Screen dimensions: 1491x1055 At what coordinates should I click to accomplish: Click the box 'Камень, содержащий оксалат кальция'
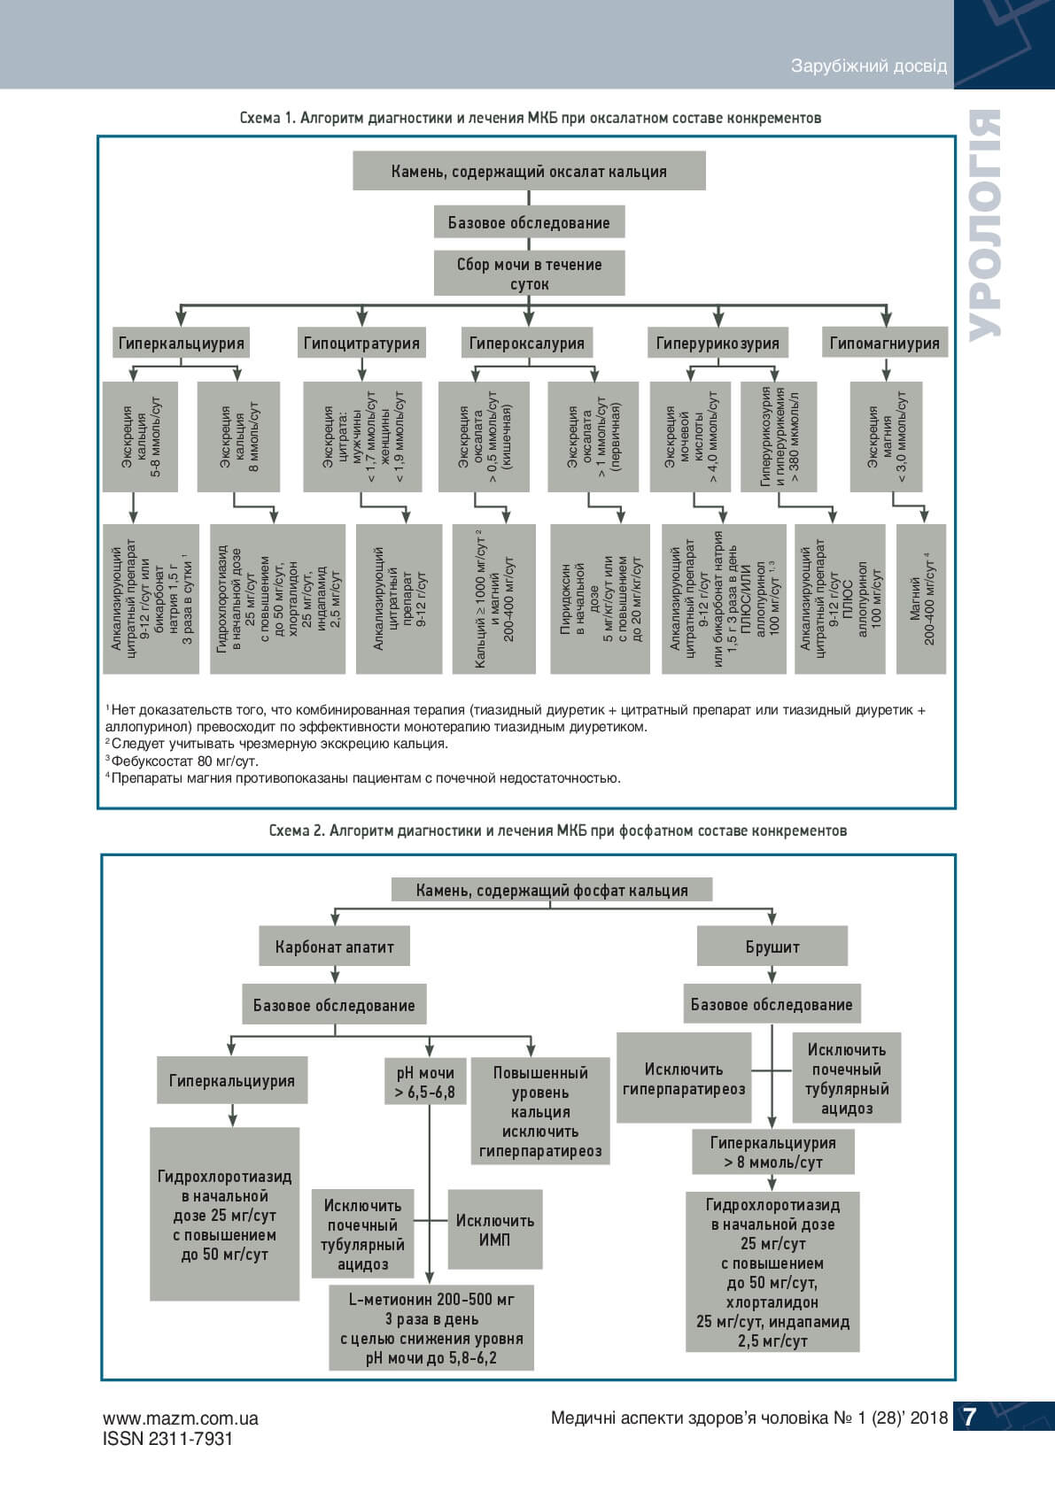529,171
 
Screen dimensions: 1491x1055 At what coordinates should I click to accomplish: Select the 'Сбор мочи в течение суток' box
529,274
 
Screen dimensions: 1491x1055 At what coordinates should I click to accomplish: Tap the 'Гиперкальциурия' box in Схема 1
181,343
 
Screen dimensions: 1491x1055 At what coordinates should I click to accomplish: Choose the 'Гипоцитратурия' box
361,343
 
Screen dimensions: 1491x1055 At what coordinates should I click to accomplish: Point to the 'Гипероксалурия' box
527,343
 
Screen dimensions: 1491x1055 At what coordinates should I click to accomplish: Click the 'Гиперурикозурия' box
718,343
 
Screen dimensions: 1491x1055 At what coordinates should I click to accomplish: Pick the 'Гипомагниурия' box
885,343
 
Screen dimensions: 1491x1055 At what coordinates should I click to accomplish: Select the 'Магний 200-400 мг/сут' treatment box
921,599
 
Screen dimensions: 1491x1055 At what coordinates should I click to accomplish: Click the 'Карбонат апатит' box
334,946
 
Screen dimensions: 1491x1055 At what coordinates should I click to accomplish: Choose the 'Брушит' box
772,946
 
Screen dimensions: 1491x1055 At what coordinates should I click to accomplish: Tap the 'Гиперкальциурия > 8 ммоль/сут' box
772,1152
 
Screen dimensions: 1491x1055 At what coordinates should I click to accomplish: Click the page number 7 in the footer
969,1418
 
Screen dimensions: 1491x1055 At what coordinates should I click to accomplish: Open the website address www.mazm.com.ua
181,1418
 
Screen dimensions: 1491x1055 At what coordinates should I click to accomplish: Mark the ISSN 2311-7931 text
168,1439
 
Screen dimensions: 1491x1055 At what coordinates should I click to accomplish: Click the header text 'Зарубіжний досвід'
868,66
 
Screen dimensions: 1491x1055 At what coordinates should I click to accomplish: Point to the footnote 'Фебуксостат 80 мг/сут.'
185,761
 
